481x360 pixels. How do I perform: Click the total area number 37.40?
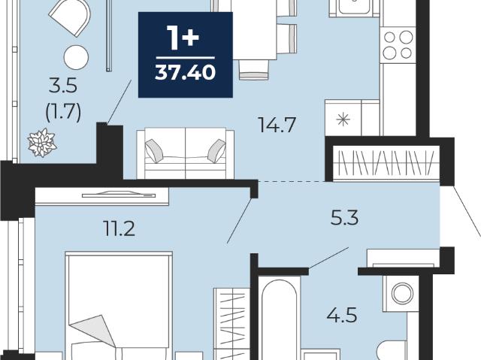point(186,73)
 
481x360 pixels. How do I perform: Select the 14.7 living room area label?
point(277,125)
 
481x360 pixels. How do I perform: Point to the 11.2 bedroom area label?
point(119,228)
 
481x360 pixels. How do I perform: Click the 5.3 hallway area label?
point(344,218)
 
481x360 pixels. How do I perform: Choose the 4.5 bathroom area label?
point(342,315)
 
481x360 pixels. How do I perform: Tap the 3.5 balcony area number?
point(63,86)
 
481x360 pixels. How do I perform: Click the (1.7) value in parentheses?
point(63,112)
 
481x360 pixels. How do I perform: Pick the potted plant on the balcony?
point(42,143)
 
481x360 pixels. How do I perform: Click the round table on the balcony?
point(76,57)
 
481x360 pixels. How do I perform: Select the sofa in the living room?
point(186,153)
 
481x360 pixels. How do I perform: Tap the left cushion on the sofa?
point(154,150)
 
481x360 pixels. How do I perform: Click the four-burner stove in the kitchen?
point(398,45)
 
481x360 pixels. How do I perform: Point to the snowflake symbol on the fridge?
point(343,119)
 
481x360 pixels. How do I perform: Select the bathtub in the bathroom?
point(279,319)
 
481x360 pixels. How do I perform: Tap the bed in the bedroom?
point(119,306)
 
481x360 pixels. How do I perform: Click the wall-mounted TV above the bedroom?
point(119,195)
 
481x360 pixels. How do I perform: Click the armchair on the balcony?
point(70,17)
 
